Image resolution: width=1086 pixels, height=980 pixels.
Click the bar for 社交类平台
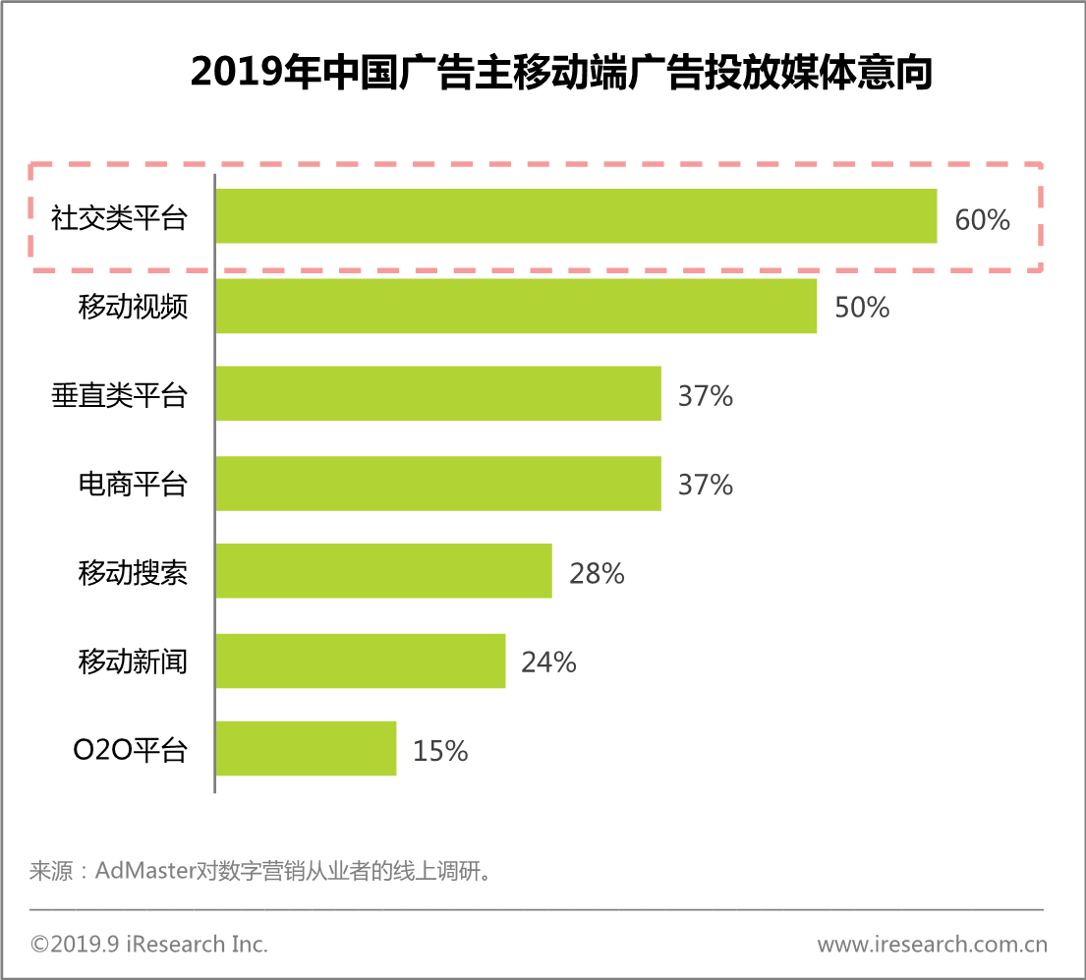576,216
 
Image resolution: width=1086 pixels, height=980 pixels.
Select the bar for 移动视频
516,306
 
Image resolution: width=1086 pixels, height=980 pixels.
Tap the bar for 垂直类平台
438,394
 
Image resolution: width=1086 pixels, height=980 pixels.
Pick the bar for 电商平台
438,483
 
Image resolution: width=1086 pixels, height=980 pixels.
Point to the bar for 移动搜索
383,571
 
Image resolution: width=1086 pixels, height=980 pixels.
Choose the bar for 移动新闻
361,661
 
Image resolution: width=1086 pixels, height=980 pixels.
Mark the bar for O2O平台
306,749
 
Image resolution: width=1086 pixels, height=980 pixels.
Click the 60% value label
982,220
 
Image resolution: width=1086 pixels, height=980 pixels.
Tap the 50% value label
862,308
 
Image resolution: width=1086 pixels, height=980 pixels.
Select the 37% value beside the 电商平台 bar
706,485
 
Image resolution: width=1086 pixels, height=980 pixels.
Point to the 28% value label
597,573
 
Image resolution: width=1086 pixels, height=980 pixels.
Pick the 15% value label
440,751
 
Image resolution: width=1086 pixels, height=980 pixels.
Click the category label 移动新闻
133,662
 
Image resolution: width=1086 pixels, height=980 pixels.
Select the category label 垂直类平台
119,396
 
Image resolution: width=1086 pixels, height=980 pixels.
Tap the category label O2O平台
130,751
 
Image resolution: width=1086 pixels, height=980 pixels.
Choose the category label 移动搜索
133,573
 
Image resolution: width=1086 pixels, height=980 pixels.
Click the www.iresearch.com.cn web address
932,945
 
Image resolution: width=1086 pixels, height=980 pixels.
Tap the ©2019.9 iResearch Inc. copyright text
149,945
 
